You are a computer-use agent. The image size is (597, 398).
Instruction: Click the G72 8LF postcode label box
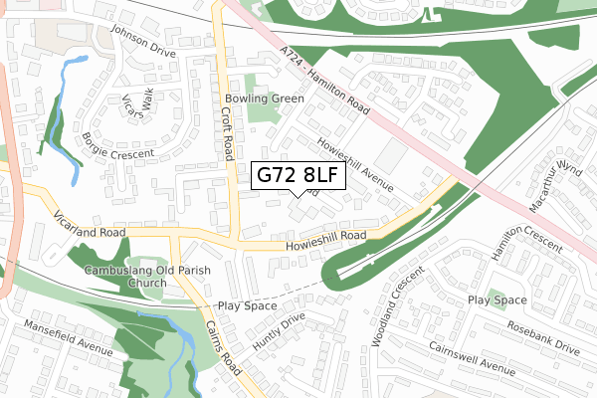[x=298, y=176]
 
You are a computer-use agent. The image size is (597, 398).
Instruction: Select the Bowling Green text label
[x=264, y=99]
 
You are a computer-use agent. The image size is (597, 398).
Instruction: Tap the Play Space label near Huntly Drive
[x=247, y=306]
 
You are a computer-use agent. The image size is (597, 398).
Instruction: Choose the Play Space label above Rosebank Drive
[x=497, y=299]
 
